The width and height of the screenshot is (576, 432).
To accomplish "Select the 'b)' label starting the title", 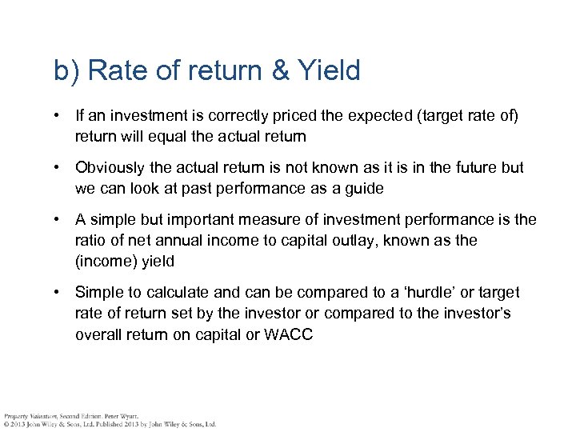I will click(x=67, y=71).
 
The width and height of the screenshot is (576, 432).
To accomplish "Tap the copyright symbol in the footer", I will click(x=6, y=424).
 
